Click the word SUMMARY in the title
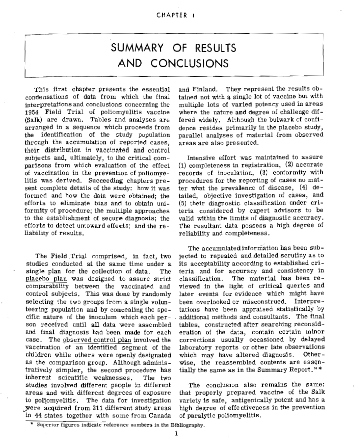137,49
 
